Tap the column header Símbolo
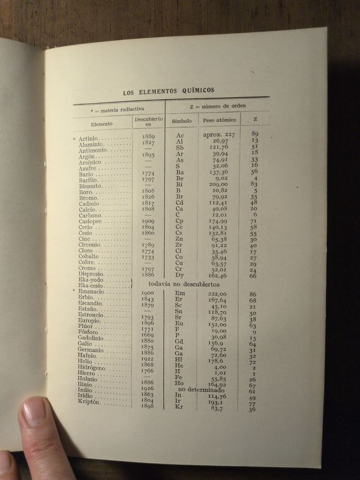(182, 120)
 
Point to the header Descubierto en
(148, 122)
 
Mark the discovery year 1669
(148, 334)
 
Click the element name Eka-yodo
(89, 280)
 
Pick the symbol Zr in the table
(179, 245)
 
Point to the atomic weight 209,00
(217, 184)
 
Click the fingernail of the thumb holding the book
(34, 414)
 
